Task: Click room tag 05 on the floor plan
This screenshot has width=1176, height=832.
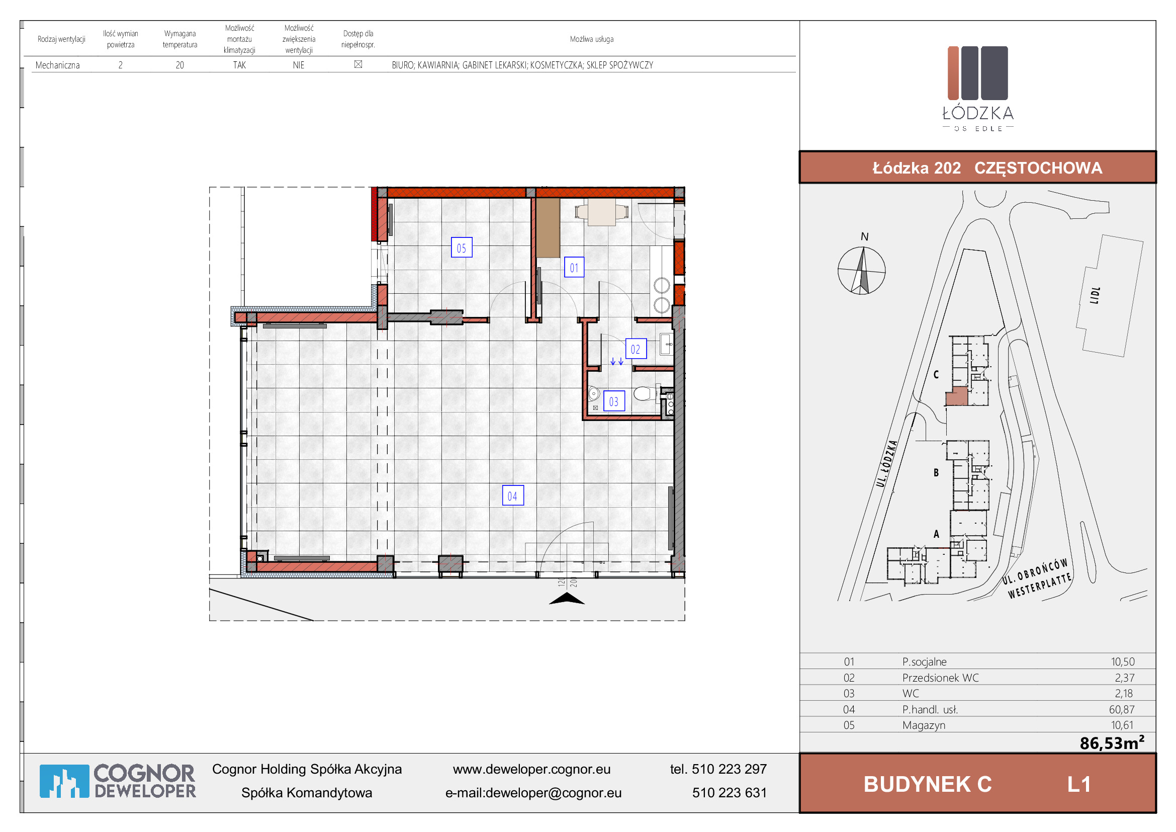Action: [461, 248]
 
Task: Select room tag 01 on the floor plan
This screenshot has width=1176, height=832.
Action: [574, 268]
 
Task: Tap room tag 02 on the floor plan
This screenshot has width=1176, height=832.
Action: [636, 350]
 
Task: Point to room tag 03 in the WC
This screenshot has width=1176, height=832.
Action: [613, 401]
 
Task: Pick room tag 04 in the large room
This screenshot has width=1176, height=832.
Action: [513, 495]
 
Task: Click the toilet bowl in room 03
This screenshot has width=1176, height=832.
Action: [644, 394]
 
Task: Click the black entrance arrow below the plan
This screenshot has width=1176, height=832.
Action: [567, 599]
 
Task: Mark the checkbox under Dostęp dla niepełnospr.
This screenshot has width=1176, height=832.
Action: [358, 64]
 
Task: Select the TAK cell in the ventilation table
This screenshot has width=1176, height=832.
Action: [239, 65]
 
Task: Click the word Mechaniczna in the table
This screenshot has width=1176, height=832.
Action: [57, 65]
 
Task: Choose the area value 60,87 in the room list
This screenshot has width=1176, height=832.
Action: [1122, 710]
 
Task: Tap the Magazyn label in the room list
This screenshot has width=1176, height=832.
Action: [924, 725]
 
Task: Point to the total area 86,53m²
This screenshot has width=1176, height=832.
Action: [1112, 742]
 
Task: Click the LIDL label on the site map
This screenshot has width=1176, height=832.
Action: [1095, 295]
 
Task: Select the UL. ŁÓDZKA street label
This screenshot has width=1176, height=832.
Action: [886, 464]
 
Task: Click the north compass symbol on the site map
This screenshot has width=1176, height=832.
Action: [862, 271]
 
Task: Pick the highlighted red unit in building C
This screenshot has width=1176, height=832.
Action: [956, 397]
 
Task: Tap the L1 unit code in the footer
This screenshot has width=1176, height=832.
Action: [1078, 784]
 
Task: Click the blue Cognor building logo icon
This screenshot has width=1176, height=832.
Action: [64, 781]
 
